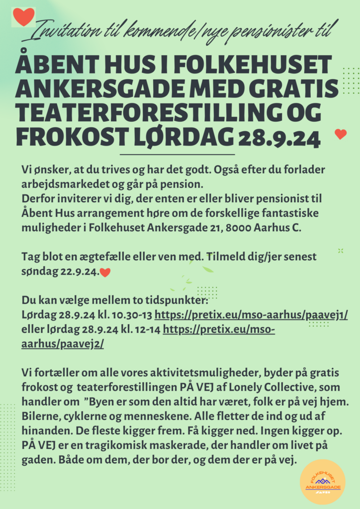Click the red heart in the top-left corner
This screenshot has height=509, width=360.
23,17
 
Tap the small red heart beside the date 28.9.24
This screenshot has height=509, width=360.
341,134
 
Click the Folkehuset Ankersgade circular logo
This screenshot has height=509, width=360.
323,482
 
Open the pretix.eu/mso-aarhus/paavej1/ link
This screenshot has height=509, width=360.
251,315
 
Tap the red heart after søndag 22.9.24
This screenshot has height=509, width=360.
105,272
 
